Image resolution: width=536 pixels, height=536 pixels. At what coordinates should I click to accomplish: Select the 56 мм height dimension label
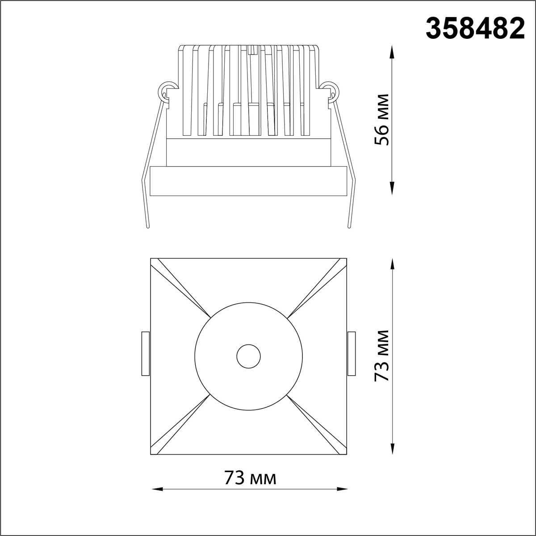tap(382, 119)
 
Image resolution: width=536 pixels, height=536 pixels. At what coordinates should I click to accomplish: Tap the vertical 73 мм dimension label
tap(382, 356)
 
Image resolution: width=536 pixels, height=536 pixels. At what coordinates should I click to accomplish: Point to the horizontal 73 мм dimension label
tap(250, 478)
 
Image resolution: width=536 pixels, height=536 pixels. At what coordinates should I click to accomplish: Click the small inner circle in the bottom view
tap(248, 356)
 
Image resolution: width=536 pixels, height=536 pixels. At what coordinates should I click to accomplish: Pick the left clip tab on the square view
tap(145, 353)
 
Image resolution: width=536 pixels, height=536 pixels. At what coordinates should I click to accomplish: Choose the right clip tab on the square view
tap(352, 353)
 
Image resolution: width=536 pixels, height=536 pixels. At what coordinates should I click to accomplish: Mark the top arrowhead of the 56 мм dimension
tap(392, 49)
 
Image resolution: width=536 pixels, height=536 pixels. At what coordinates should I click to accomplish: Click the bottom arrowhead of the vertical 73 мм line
tap(392, 450)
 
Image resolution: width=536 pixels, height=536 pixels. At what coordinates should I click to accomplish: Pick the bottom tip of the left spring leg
tap(148, 227)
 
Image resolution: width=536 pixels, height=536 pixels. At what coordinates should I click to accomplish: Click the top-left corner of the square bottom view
tap(151, 259)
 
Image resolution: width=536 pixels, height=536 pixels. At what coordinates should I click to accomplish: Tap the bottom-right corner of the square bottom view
tap(347, 454)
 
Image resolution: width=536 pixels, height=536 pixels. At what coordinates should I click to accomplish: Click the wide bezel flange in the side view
tap(248, 181)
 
